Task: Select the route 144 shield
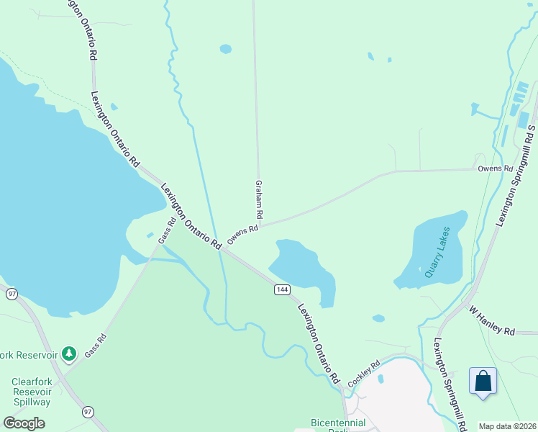[x=281, y=289]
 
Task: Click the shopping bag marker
[x=483, y=381]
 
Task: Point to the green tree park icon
[x=69, y=354]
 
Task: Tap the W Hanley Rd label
[x=493, y=321]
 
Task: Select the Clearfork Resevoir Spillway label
[x=31, y=392]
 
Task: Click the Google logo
[x=24, y=423]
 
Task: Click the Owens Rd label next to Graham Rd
[x=242, y=235]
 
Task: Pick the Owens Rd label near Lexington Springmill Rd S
[x=496, y=168]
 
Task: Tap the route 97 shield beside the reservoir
[x=11, y=294]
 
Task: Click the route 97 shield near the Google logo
[x=88, y=412]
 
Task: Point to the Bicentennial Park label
[x=338, y=425]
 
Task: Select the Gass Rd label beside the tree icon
[x=96, y=346]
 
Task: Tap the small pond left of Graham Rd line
[x=226, y=49]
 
